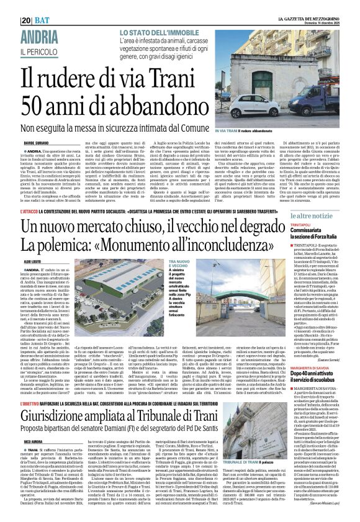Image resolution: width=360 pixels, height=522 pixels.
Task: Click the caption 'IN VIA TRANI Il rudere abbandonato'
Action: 244,131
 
